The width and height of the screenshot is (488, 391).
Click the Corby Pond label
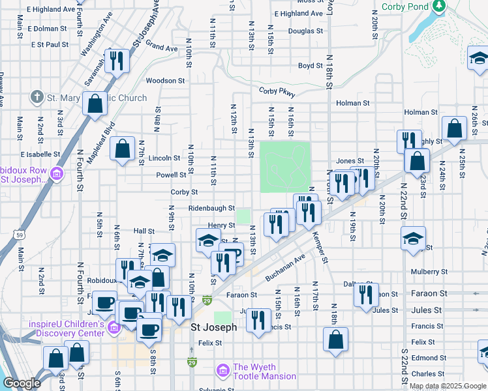pos(405,7)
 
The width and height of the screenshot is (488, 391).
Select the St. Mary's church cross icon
pos(37,98)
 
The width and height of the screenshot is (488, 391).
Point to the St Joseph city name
pos(213,327)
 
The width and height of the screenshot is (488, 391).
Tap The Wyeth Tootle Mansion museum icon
pos(223,371)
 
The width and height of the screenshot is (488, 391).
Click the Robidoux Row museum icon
pos(56,175)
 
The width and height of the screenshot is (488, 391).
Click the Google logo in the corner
pos(22,384)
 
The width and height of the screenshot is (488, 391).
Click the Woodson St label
pos(165,81)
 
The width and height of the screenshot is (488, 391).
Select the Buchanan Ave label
pos(285,268)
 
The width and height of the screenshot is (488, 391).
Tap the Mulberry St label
pos(429,271)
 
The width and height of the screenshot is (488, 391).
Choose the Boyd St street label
pos(310,66)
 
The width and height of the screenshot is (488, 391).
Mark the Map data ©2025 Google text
pos(448,386)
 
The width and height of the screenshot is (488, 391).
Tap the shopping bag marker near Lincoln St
pos(122,149)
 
